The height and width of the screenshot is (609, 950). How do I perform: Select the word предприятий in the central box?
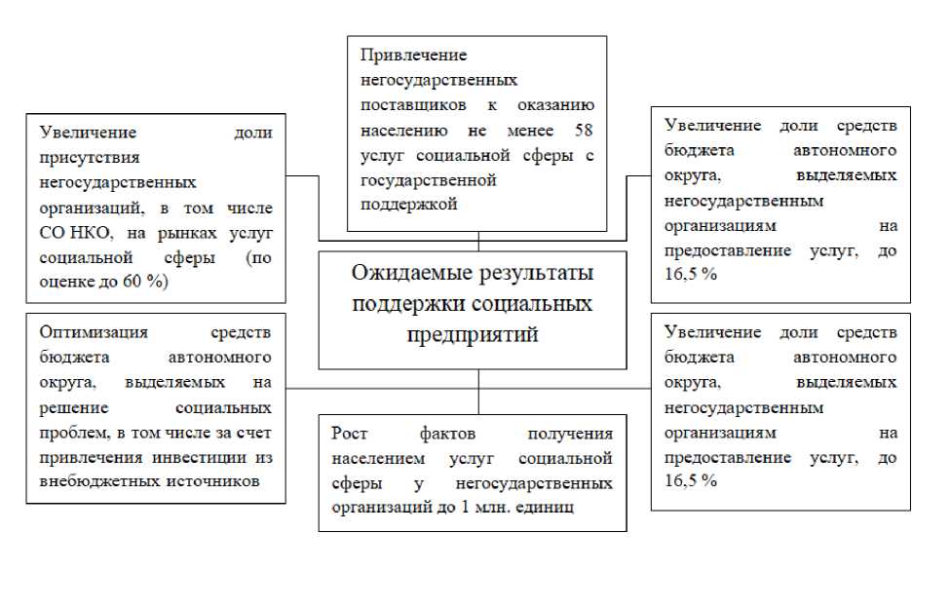473,335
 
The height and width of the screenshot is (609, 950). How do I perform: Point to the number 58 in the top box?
584,130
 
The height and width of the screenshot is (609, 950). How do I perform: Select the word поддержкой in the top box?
408,205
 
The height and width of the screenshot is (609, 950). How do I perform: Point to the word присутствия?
90,156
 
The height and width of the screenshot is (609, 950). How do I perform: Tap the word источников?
215,482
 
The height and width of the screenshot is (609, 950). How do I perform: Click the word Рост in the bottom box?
350,434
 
